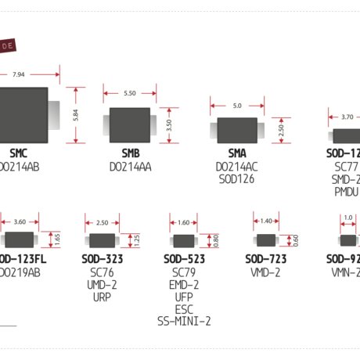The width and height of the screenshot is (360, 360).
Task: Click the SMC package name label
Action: click(18, 153)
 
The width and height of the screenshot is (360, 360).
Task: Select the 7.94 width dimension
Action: click(20, 74)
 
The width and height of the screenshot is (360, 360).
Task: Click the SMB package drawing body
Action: click(130, 125)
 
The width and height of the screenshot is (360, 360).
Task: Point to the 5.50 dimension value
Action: click(130, 93)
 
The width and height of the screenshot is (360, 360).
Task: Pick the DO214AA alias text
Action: click(130, 167)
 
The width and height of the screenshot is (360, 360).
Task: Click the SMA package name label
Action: click(236, 153)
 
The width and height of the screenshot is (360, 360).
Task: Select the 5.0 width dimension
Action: click(236, 104)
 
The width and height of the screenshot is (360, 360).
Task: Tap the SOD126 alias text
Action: click(236, 179)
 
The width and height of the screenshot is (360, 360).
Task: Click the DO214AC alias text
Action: click(236, 167)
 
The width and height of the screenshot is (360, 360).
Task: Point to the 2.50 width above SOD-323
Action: click(102, 221)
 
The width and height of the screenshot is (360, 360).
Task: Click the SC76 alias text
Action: click(102, 272)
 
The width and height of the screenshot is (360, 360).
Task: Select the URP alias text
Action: click(102, 297)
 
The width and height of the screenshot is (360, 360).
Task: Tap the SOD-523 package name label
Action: click(184, 259)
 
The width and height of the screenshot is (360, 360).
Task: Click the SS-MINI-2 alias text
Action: click(184, 321)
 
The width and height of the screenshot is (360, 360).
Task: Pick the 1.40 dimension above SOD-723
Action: click(266, 221)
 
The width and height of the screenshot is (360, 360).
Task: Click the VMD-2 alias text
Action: click(266, 272)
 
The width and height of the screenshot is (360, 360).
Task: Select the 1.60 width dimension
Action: click(184, 222)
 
